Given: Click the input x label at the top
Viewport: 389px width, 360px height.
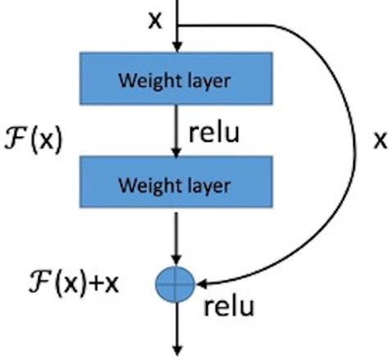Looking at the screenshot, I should point(154,20).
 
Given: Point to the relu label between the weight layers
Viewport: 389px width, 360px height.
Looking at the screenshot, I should point(214,133).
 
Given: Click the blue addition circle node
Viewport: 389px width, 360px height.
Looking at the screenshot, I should point(175,284).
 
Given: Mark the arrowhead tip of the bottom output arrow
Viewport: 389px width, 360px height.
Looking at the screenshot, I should point(176,352).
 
